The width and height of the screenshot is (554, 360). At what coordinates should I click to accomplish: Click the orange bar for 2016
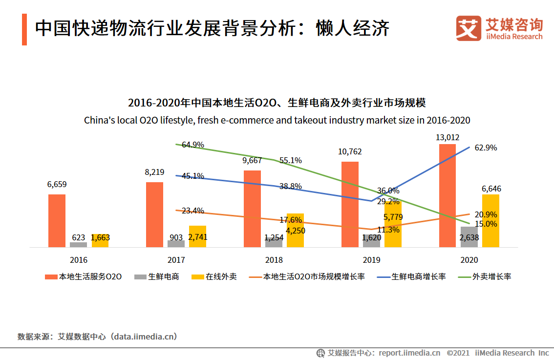pyautogui.click(x=57, y=221)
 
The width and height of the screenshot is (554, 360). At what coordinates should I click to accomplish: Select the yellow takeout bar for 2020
pyautogui.click(x=490, y=221)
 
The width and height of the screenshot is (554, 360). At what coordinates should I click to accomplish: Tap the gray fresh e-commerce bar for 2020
pyautogui.click(x=469, y=237)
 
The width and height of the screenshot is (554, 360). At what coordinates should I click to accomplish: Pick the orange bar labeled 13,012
pyautogui.click(x=447, y=195)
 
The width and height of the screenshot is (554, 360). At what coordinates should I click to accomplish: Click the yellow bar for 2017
pyautogui.click(x=197, y=236)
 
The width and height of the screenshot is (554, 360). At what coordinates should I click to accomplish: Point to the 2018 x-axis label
pyautogui.click(x=274, y=260)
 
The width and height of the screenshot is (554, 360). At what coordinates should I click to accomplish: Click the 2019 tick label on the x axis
pyautogui.click(x=371, y=260)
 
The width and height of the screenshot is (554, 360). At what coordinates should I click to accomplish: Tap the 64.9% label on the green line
pyautogui.click(x=192, y=145)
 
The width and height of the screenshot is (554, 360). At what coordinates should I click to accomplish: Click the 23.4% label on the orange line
pyautogui.click(x=192, y=211)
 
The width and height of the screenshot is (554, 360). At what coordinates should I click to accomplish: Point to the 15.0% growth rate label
pyautogui.click(x=486, y=224)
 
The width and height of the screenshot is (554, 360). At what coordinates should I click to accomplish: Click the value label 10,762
pyautogui.click(x=350, y=152)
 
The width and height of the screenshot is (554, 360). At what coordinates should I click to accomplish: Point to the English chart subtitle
pyautogui.click(x=277, y=120)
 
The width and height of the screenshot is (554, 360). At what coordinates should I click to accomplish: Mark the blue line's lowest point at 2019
pyautogui.click(x=371, y=201)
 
